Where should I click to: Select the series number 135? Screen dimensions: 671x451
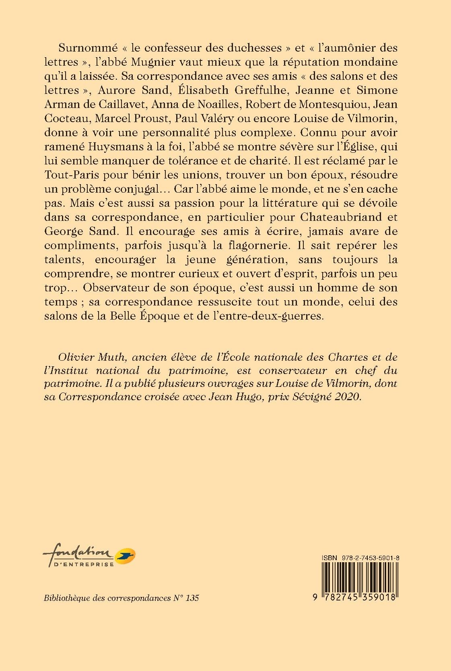pos(192,598)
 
